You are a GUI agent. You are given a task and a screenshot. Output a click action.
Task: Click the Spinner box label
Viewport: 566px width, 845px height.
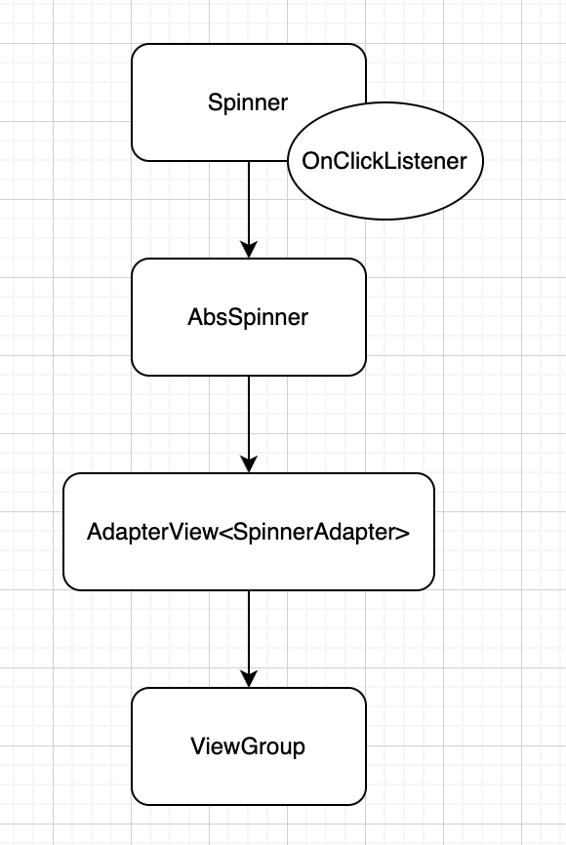(248, 102)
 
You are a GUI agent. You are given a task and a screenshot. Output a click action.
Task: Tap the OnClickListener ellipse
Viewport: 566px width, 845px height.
(385, 161)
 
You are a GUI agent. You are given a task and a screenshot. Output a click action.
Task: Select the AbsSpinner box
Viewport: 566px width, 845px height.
(249, 317)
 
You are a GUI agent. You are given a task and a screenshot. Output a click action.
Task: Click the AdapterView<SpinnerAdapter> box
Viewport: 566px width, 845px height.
(249, 532)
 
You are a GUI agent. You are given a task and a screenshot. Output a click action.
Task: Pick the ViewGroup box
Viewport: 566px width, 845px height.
(249, 746)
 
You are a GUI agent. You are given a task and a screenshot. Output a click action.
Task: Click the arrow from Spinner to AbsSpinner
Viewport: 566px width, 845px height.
(249, 210)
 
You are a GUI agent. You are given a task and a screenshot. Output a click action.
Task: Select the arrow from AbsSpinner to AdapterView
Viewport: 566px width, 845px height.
(249, 424)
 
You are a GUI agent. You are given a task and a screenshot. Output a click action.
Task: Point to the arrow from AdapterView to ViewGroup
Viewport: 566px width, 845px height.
(249, 639)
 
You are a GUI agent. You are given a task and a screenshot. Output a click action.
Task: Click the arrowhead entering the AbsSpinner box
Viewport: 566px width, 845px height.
(249, 251)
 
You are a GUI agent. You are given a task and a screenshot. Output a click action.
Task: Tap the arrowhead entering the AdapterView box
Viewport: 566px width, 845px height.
(249, 465)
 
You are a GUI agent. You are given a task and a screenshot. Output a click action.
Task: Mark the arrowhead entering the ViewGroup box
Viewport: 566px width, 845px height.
(249, 679)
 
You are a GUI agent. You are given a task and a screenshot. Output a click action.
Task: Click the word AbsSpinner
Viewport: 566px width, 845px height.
(248, 317)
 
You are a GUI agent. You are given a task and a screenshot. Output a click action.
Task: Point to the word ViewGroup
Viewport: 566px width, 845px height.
(248, 746)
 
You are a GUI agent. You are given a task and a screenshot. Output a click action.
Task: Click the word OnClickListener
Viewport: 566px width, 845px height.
(384, 161)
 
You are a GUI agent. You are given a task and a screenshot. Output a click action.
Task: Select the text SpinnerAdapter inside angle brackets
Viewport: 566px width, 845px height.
(314, 533)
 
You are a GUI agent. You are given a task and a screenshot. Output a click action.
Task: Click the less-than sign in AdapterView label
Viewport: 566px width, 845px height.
(225, 533)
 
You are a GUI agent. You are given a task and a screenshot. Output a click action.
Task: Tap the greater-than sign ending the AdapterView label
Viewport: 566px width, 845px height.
(403, 533)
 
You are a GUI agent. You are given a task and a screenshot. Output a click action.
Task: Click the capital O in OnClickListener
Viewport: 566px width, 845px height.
(310, 161)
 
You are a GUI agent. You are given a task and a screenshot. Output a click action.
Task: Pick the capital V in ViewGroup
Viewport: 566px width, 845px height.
(198, 745)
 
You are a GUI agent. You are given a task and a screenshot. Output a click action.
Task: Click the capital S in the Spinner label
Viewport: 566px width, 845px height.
(215, 102)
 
